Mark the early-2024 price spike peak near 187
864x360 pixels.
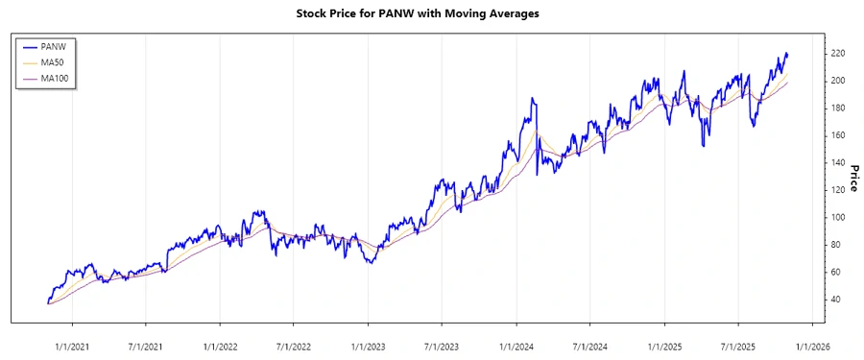(x=531, y=98)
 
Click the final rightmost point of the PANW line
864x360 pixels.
(x=787, y=55)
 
